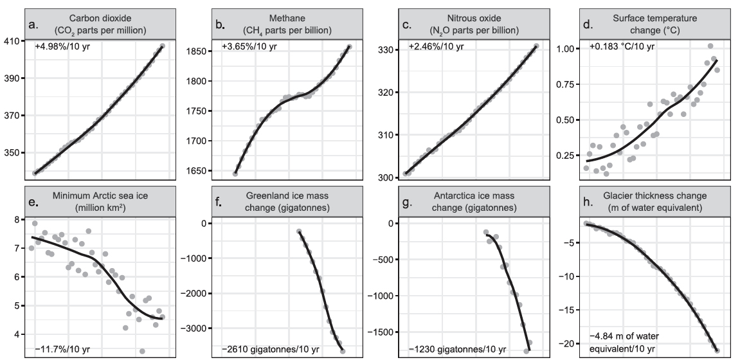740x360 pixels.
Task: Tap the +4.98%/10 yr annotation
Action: tap(62, 46)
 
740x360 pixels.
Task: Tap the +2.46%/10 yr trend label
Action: tap(431, 46)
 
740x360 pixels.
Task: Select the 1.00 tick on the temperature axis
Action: tap(565, 49)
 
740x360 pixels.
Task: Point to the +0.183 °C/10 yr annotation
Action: tap(622, 46)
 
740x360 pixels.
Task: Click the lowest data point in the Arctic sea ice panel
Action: tap(142, 351)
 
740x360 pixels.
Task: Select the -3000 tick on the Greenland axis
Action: tap(192, 328)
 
